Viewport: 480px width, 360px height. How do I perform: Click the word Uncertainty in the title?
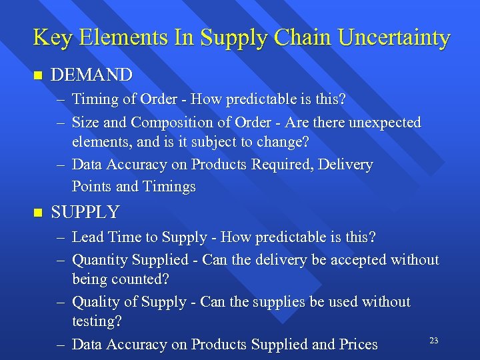[394, 38]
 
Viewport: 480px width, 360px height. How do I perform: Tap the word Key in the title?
[49, 38]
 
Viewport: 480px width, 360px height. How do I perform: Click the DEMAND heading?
[91, 75]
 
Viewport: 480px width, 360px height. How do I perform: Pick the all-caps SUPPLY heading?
[85, 213]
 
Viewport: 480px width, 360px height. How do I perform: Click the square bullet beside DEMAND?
[37, 75]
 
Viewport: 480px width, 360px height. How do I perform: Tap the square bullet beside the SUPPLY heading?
[37, 213]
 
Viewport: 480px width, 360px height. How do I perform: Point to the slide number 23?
[433, 341]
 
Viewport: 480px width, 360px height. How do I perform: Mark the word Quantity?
[99, 260]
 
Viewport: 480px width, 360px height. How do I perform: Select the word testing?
[97, 321]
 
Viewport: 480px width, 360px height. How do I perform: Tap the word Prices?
[358, 345]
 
